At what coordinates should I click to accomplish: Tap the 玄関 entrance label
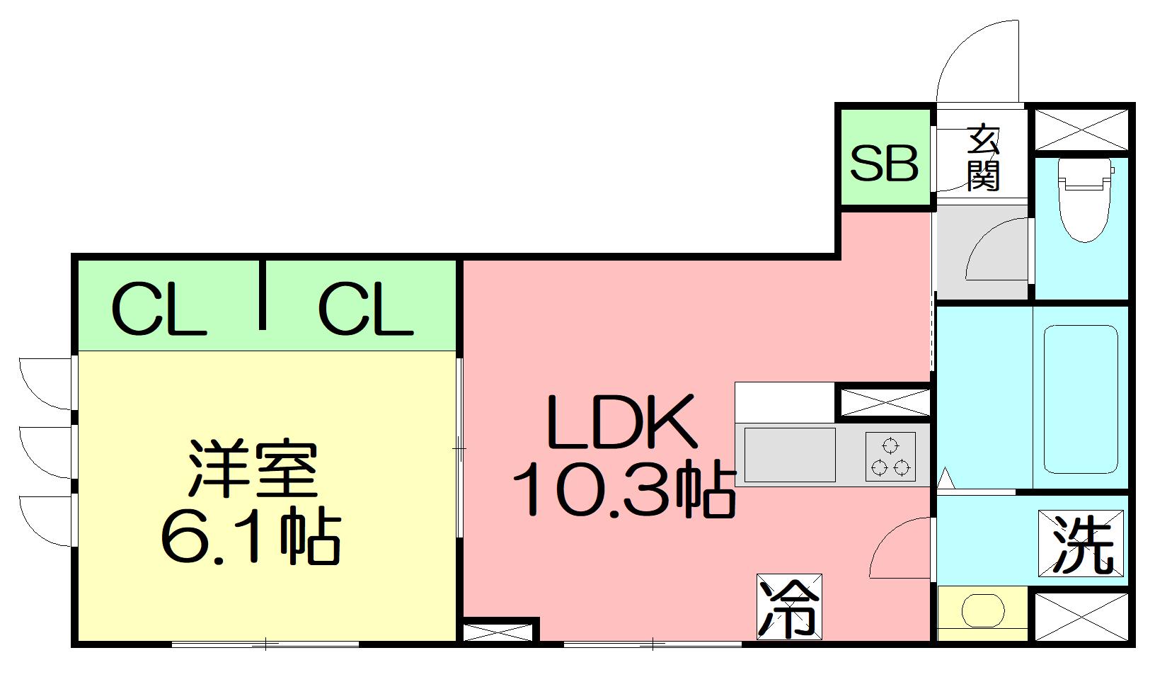(x=983, y=157)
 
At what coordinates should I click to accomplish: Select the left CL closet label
(x=159, y=309)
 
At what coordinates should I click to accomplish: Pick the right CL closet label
(x=365, y=309)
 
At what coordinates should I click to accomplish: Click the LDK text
(x=621, y=423)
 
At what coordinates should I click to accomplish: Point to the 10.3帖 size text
(x=623, y=489)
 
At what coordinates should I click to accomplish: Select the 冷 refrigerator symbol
(x=789, y=607)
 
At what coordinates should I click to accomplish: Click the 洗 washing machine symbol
(x=1081, y=543)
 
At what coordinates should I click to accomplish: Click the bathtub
(x=1081, y=398)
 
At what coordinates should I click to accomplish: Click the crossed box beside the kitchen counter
(x=885, y=402)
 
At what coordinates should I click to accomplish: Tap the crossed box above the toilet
(x=1081, y=127)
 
